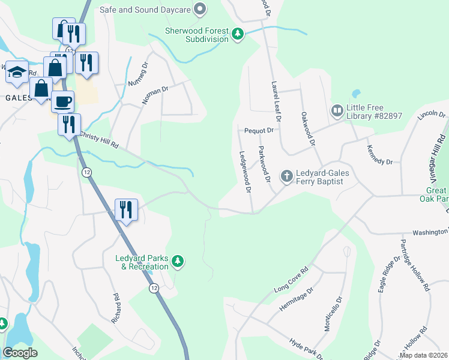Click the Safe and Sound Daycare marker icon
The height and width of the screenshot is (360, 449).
pyautogui.click(x=201, y=9)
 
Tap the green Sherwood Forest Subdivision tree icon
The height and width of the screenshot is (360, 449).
pyautogui.click(x=238, y=34)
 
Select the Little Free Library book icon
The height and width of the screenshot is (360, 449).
pyautogui.click(x=337, y=111)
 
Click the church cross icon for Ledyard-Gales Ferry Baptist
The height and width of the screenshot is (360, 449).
pyautogui.click(x=287, y=176)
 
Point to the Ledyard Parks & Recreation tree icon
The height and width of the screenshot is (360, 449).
pyautogui.click(x=177, y=261)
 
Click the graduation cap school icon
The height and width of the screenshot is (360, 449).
pyautogui.click(x=17, y=72)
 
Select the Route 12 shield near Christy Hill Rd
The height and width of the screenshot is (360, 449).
pyautogui.click(x=88, y=172)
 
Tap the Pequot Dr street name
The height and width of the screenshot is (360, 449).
pyautogui.click(x=259, y=130)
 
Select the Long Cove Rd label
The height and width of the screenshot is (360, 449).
pyautogui.click(x=291, y=280)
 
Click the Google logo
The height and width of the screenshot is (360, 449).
pyautogui.click(x=20, y=353)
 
